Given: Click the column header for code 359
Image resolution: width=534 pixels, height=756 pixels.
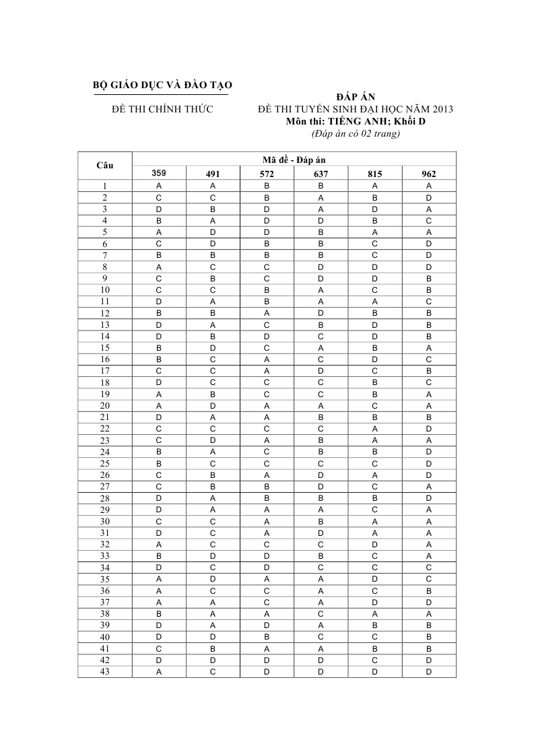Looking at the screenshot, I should [158, 173].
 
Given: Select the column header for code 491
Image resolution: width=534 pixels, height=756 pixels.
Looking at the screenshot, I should [213, 174].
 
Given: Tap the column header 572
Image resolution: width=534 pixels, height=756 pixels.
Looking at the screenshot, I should [267, 174].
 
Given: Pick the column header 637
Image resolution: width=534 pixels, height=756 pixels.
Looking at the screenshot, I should [321, 174].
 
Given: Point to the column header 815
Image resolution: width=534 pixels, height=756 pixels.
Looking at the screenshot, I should [375, 174].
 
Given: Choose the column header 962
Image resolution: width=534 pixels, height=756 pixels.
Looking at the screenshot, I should [429, 174].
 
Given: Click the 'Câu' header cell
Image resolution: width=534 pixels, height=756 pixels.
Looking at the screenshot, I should [105, 166].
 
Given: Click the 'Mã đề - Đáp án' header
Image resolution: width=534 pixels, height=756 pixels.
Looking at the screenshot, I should [294, 160].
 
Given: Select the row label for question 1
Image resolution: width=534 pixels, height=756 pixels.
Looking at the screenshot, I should [105, 186].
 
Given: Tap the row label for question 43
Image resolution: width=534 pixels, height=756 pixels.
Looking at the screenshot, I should [105, 672].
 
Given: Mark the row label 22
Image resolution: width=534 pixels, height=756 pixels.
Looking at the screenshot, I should [105, 429].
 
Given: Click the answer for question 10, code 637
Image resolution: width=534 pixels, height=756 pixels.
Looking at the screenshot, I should [321, 289].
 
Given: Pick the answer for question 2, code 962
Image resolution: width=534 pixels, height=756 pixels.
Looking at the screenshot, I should [429, 197].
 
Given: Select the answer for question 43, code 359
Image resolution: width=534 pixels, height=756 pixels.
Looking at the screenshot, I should [158, 672].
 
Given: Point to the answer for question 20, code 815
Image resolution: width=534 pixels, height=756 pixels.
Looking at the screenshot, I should [375, 405].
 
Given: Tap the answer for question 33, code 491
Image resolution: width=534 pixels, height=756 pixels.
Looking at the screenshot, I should [213, 556].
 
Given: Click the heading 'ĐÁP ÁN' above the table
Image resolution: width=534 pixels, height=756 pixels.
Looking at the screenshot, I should [356, 97].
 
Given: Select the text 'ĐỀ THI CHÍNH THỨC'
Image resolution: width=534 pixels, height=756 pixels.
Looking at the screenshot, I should [162, 109].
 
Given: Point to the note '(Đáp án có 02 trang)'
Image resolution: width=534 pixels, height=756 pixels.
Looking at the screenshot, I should [356, 133].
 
